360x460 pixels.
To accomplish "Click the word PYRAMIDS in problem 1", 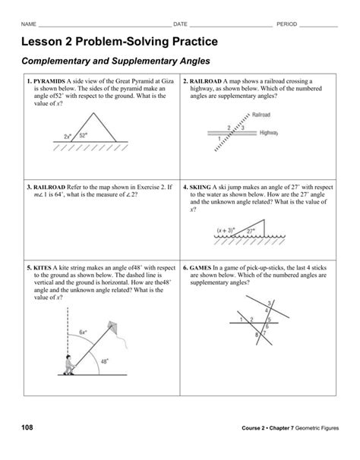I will coord(48,80).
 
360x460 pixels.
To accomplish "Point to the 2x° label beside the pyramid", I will coord(68,137).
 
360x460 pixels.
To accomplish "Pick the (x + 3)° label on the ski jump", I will coord(226,228).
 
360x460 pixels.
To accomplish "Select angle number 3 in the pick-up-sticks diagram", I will coord(266,303).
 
